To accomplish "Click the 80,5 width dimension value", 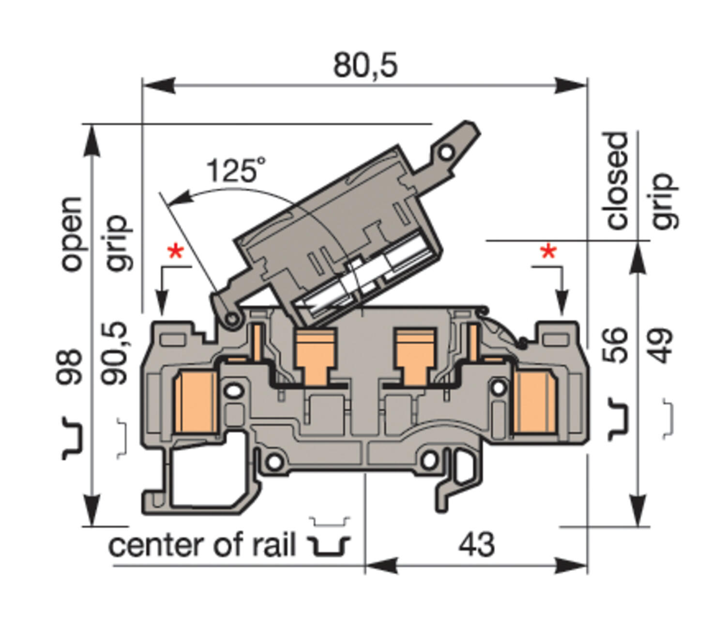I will pos(365,65).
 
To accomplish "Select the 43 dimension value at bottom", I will pos(477,544).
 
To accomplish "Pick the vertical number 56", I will pos(615,345).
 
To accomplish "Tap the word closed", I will pos(616,181).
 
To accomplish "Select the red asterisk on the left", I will pos(175,252).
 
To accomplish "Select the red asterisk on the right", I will pos(548,252).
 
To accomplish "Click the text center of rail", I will pos(202,545).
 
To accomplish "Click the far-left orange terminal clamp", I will pos(194,402).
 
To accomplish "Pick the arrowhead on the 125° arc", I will pos(177,198).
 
